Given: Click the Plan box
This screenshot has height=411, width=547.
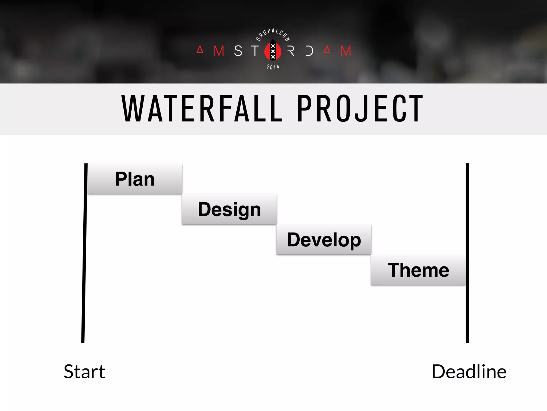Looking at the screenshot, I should click(135, 179).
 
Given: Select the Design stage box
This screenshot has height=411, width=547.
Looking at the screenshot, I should click(229, 209).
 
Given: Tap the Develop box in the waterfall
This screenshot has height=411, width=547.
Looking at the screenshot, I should click(324, 239).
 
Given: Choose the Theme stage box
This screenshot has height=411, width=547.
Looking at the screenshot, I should click(418, 270).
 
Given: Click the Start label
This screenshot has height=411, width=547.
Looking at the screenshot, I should click(84, 372).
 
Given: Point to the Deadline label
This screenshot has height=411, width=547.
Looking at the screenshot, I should click(469, 372).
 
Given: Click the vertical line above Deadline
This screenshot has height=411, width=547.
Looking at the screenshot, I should click(467, 253).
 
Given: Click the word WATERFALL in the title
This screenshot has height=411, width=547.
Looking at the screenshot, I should click(202, 109).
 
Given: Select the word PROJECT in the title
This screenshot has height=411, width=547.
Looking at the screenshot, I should click(360, 109).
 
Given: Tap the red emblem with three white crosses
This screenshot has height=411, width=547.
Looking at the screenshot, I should click(273, 51).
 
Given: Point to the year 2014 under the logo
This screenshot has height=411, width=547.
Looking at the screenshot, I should click(273, 67).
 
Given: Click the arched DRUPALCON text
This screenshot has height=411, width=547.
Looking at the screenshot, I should click(273, 33).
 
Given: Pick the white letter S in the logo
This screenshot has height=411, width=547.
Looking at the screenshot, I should click(238, 51).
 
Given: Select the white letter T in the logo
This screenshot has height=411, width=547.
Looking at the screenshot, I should click(255, 51).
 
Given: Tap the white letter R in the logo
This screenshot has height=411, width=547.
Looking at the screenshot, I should click(291, 51).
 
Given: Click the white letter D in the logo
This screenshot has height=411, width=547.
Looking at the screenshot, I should click(309, 51).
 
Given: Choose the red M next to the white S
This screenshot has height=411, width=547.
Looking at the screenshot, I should click(219, 51).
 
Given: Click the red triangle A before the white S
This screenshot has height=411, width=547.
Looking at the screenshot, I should click(200, 50).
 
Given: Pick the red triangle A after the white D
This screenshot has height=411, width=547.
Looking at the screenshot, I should click(327, 50).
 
